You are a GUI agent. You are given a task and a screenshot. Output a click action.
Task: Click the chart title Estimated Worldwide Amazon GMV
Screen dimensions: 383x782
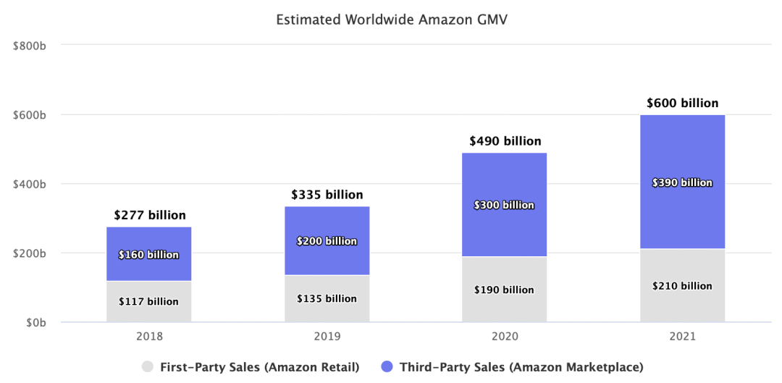click(x=392, y=20)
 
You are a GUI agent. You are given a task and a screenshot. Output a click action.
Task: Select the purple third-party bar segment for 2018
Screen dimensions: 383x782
click(x=149, y=239)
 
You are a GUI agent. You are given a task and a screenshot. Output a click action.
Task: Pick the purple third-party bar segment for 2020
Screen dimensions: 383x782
click(x=505, y=181)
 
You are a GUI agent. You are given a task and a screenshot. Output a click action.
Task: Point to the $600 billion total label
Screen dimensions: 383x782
click(x=682, y=103)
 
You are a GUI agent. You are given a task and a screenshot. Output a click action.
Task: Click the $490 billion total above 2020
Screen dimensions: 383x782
click(x=505, y=141)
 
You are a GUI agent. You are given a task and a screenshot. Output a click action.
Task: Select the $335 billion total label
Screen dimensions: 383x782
click(x=327, y=195)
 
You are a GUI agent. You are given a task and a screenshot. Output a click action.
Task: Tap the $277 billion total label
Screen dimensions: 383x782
click(x=149, y=215)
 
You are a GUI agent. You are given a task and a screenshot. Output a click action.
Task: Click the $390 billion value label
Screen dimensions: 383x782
click(x=682, y=182)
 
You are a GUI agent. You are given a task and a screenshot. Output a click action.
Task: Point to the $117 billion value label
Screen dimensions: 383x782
click(x=149, y=301)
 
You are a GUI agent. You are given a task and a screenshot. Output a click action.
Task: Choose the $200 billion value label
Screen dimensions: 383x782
click(x=327, y=241)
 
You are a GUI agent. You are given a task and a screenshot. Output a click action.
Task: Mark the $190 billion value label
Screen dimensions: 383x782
click(x=505, y=290)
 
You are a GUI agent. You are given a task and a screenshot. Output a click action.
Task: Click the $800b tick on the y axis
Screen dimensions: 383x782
click(x=30, y=46)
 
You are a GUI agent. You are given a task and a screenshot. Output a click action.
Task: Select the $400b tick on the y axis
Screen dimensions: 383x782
click(x=30, y=184)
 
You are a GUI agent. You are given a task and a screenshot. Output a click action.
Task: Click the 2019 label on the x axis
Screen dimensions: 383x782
click(x=327, y=337)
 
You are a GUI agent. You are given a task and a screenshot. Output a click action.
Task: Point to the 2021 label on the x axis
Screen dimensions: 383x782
click(x=682, y=337)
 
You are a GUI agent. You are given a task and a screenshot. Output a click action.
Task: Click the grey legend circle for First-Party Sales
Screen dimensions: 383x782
click(x=148, y=367)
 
